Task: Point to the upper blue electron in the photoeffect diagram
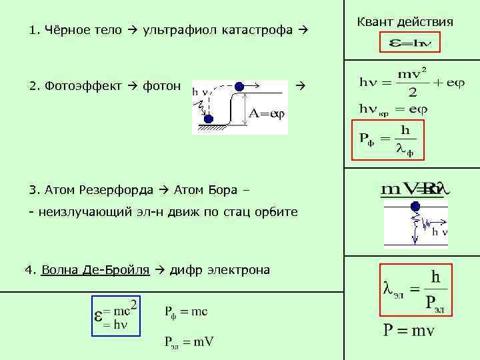(x=239, y=85)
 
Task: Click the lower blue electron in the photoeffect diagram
(x=208, y=119)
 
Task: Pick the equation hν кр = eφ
(x=393, y=108)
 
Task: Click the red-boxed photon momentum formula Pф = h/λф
(x=387, y=140)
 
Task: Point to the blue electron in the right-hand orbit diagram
(x=416, y=207)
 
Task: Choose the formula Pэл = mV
(x=189, y=342)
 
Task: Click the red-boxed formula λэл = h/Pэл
(x=414, y=289)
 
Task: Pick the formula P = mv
(x=408, y=331)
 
